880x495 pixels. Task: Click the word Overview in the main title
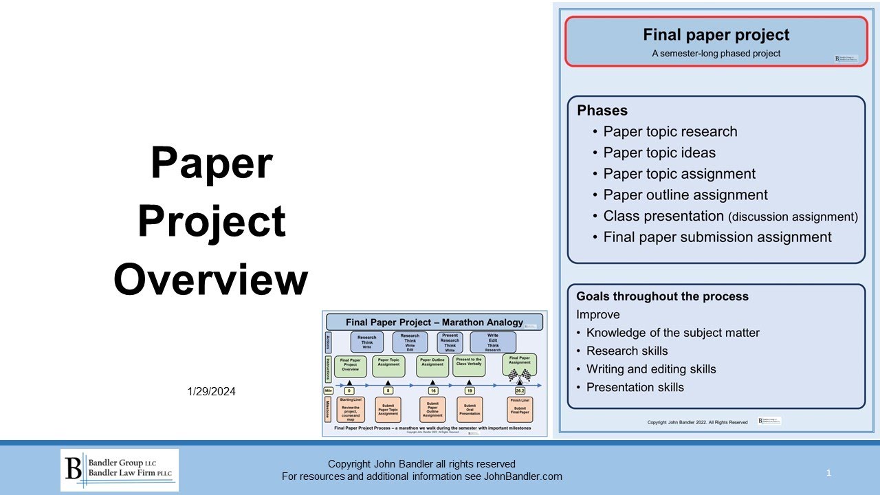[x=211, y=280]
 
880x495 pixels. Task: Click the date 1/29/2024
[x=211, y=391]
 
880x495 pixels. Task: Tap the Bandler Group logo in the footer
[x=120, y=470]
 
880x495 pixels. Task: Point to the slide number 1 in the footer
[x=828, y=473]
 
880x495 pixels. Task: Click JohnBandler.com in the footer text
[x=523, y=476]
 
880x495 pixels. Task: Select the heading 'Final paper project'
[x=716, y=35]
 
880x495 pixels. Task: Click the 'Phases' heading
[x=602, y=111]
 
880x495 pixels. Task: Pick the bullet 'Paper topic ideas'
[x=659, y=153]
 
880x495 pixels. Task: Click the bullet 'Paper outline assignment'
[x=685, y=195]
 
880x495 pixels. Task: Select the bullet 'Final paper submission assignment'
[x=717, y=237]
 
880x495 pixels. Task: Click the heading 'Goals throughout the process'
[x=662, y=296]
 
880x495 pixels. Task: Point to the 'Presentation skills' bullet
[x=635, y=387]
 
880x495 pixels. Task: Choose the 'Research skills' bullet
[x=626, y=351]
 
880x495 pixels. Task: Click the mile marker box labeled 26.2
[x=519, y=390]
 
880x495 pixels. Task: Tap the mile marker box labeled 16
[x=432, y=390]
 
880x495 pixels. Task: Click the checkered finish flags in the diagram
[x=519, y=375]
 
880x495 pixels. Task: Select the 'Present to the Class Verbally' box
[x=470, y=365]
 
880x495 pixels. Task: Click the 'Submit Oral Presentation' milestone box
[x=470, y=409]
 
